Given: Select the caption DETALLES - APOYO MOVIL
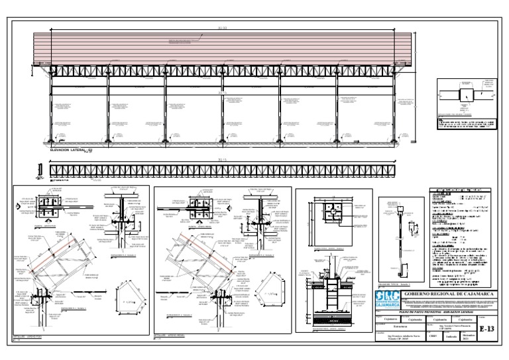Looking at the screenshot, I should coord(172,338).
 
